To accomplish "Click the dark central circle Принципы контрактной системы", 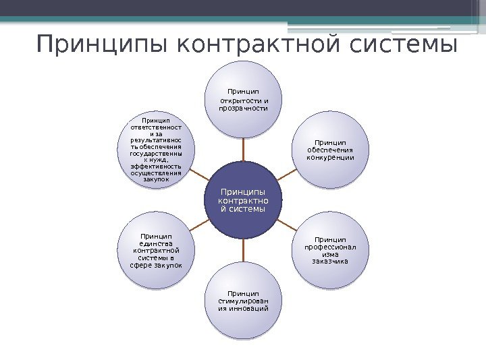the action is pyautogui.click(x=243, y=200).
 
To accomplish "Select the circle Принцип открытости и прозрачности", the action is pyautogui.click(x=243, y=99).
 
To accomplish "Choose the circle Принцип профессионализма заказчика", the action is pyautogui.click(x=330, y=250).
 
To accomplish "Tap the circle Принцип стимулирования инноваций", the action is pyautogui.click(x=243, y=301).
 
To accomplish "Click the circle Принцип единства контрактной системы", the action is pyautogui.click(x=156, y=250).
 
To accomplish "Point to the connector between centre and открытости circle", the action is pyautogui.click(x=243, y=149).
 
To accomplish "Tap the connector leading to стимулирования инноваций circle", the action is pyautogui.click(x=243, y=251).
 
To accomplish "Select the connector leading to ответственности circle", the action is pyautogui.click(x=199, y=175).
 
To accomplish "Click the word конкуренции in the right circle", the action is pyautogui.click(x=330, y=158).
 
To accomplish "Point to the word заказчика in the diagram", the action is pyautogui.click(x=330, y=261).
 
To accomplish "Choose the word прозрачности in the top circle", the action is pyautogui.click(x=243, y=108).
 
